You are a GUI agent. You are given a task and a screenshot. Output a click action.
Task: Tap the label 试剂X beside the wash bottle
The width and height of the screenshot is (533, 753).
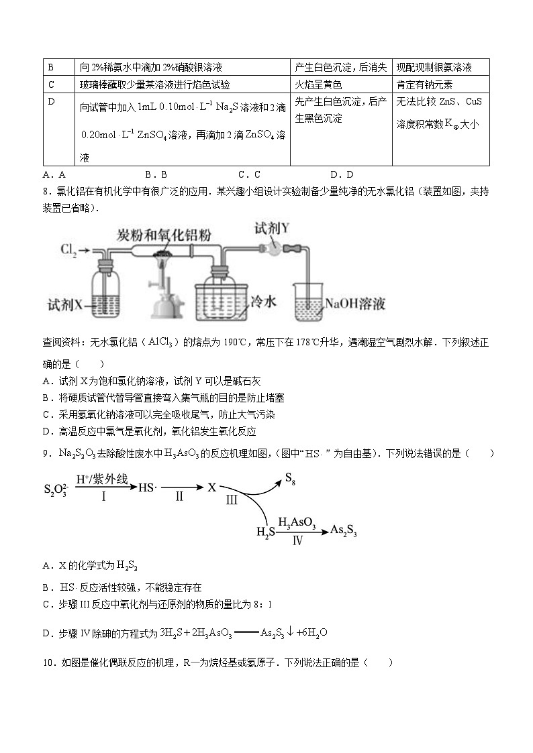click(65, 304)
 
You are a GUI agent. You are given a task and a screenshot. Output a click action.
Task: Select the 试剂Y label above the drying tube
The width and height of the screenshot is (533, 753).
click(273, 228)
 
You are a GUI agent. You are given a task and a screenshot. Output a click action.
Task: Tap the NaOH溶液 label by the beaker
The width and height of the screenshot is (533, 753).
click(355, 304)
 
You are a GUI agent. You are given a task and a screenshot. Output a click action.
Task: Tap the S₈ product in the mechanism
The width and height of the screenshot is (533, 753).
click(290, 478)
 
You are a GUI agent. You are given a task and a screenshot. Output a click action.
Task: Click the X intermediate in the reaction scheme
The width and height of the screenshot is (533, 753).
click(212, 488)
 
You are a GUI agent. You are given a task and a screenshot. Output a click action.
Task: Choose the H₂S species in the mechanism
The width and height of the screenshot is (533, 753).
click(266, 532)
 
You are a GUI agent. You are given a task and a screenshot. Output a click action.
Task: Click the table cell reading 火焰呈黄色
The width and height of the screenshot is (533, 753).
click(318, 84)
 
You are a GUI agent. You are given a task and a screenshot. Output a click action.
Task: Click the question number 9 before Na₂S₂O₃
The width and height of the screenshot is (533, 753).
click(46, 454)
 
